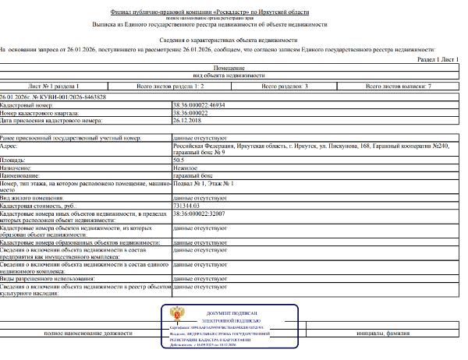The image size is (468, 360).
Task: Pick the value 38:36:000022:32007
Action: (x=198, y=212)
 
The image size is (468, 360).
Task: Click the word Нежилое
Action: (x=184, y=168)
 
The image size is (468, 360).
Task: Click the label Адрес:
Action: (x=10, y=145)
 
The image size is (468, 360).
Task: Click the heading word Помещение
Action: (x=233, y=69)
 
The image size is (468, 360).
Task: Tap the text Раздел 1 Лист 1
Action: (x=439, y=59)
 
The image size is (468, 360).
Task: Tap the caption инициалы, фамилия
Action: (x=382, y=333)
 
